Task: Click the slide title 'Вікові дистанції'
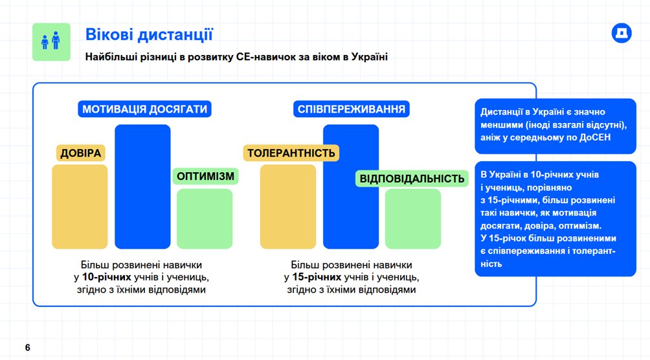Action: (149, 34)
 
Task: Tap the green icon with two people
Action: (51, 42)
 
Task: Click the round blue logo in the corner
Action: (622, 33)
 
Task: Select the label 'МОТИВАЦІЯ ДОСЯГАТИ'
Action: (144, 109)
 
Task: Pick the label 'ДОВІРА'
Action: (81, 153)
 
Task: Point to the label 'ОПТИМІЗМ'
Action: (205, 176)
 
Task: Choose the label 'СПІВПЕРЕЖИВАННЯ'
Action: (352, 109)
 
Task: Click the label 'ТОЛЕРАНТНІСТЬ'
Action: (291, 153)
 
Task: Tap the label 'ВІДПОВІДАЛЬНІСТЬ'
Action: (412, 179)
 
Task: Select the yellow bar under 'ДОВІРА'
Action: (80, 207)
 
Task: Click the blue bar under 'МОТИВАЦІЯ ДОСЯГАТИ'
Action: (142, 186)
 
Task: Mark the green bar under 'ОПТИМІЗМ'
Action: (205, 219)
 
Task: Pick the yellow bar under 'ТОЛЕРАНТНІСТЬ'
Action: (288, 207)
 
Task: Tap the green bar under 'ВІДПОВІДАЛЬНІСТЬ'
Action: (413, 219)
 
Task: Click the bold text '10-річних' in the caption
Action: (107, 277)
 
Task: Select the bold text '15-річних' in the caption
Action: (317, 277)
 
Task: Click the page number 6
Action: (27, 348)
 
